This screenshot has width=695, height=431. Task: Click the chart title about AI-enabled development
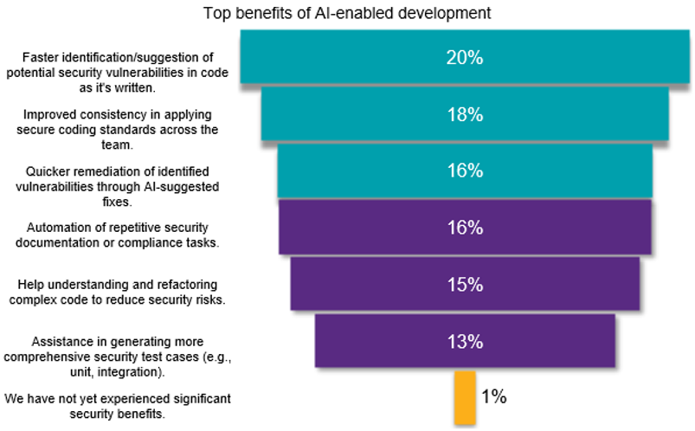pyautogui.click(x=346, y=13)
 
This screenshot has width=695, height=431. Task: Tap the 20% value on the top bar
pyautogui.click(x=465, y=58)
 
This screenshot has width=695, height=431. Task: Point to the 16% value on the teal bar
pyautogui.click(x=465, y=170)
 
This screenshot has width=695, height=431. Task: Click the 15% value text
pyautogui.click(x=465, y=284)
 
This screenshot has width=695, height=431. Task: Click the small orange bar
pyautogui.click(x=465, y=397)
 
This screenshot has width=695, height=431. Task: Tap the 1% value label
pyautogui.click(x=493, y=397)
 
